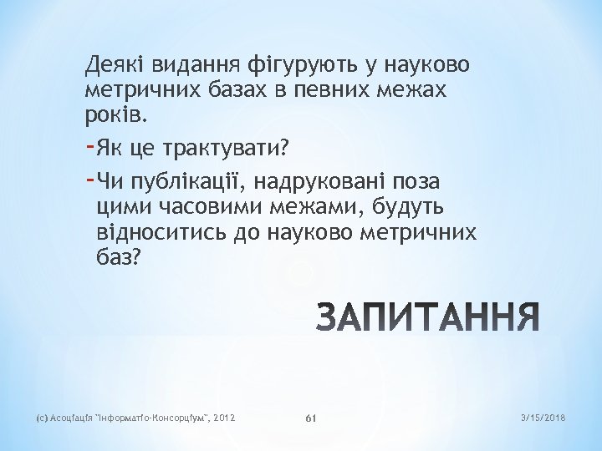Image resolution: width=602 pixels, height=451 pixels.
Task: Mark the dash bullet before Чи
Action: click(89, 180)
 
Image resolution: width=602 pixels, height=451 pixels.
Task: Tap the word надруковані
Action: click(332, 181)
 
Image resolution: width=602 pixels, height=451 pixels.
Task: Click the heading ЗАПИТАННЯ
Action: click(426, 319)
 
